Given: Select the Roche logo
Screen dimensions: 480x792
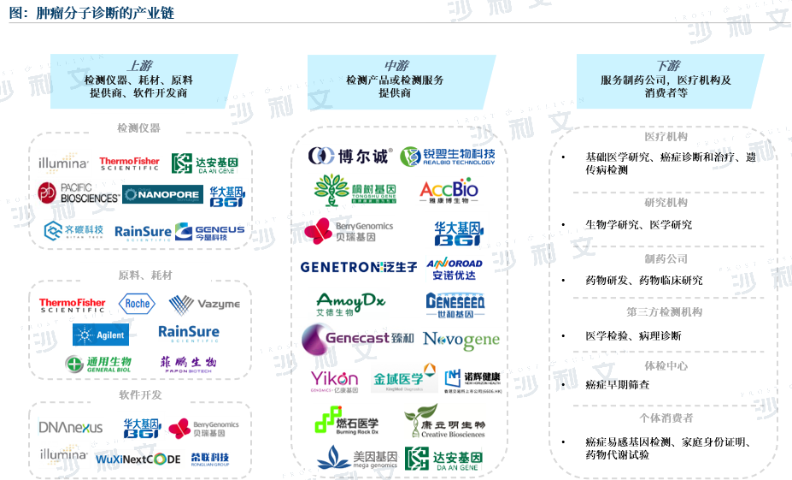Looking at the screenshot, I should tap(137, 303).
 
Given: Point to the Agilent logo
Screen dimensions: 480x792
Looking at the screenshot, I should tap(101, 335).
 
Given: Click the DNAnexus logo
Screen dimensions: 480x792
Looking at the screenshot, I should tap(71, 426).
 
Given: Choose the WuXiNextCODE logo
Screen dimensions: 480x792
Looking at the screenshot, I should tap(139, 459).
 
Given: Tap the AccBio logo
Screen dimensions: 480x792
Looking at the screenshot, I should tap(449, 191).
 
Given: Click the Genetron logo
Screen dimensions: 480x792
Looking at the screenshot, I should tap(359, 267).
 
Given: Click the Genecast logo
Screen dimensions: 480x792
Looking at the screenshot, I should tap(357, 339).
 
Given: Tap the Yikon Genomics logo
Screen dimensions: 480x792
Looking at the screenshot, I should tap(334, 380).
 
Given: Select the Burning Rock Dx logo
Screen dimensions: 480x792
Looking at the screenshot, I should tap(346, 421).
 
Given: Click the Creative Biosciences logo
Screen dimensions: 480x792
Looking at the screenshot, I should tap(444, 421).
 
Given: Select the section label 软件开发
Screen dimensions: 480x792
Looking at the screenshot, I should tap(140, 394).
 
